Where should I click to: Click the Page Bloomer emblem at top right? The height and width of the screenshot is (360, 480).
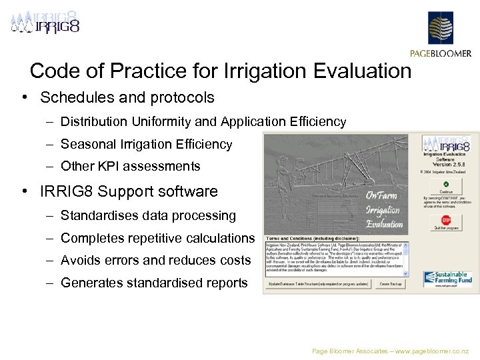tap(440, 28)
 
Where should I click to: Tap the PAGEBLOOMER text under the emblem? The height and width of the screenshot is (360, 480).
tap(441, 54)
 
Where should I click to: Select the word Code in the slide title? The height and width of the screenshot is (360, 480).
tap(52, 71)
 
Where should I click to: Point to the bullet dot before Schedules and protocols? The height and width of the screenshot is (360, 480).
tap(24, 97)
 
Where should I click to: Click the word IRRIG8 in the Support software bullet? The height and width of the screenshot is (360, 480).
tap(66, 191)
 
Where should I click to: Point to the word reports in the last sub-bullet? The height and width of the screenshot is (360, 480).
tap(225, 283)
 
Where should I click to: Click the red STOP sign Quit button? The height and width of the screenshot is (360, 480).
tap(447, 221)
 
